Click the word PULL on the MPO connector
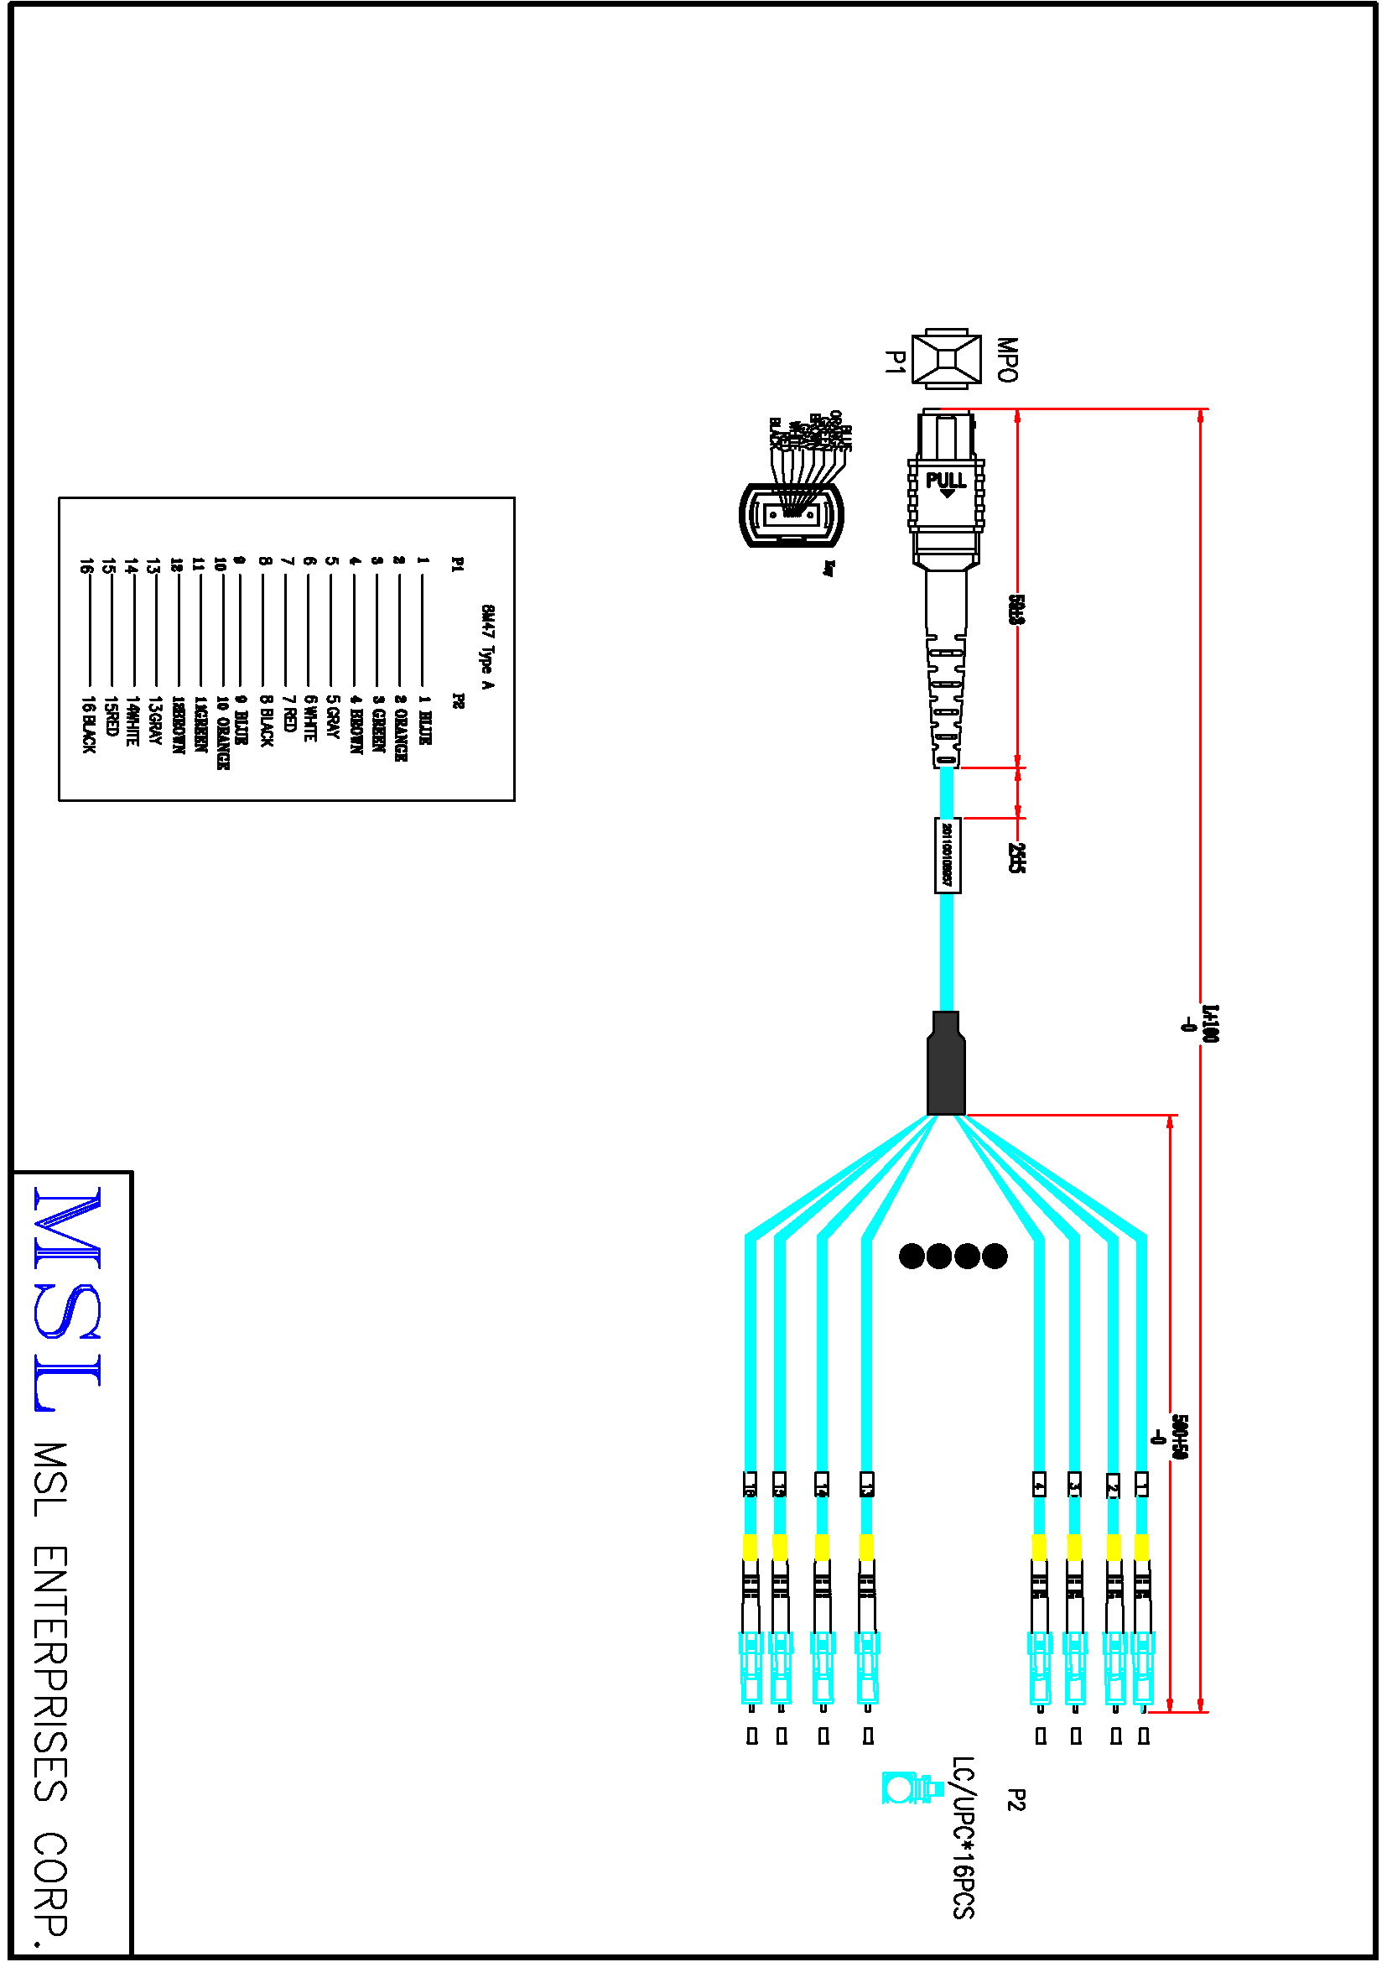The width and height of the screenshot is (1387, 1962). (945, 481)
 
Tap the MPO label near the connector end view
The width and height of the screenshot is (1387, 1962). (1008, 359)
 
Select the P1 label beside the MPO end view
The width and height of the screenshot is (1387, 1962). (893, 362)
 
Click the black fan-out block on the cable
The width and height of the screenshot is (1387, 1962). (946, 1064)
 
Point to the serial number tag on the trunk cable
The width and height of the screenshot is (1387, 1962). (947, 855)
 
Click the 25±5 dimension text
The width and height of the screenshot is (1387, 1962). (1016, 857)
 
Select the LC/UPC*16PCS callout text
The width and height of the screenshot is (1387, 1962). (964, 1837)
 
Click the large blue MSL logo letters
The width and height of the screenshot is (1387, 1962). (68, 1298)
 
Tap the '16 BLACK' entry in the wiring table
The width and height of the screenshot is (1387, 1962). (89, 724)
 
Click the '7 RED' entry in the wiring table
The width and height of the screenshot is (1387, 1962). (288, 714)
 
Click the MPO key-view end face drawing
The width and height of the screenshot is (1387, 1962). (792, 514)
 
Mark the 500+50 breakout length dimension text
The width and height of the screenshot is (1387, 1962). (1177, 1436)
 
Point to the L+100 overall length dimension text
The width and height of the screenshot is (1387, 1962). (1209, 1023)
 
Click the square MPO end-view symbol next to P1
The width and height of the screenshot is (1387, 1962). (945, 358)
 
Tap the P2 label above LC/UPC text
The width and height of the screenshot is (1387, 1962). (1016, 1799)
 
